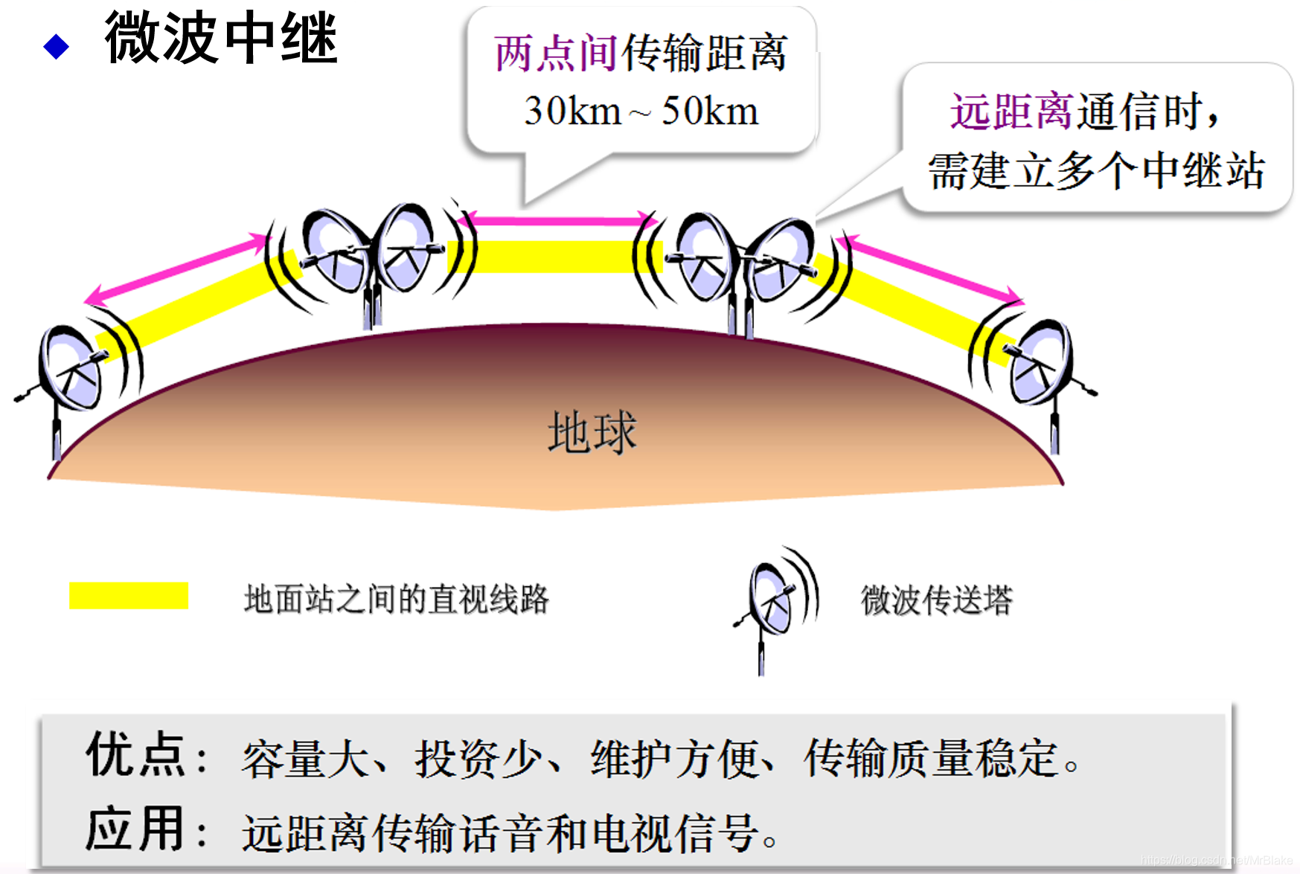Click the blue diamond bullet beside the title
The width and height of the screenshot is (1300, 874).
click(56, 47)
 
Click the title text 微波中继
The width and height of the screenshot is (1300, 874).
click(221, 39)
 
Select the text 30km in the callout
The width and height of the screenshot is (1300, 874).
click(571, 112)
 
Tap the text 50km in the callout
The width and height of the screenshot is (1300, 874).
click(709, 112)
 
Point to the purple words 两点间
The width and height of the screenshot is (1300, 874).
click(555, 54)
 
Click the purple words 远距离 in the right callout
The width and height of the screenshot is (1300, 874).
click(1011, 112)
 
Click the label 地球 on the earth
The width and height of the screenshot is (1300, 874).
click(592, 432)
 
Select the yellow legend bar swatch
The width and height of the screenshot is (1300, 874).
click(129, 596)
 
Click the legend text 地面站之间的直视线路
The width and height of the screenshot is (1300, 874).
click(396, 600)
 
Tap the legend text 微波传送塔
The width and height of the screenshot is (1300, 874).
click(936, 600)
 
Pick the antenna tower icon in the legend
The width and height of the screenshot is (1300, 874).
click(774, 606)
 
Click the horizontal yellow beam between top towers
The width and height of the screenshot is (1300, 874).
click(554, 257)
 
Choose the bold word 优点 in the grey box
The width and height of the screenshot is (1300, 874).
click(135, 754)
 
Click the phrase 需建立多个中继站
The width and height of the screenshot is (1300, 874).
click(1095, 171)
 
